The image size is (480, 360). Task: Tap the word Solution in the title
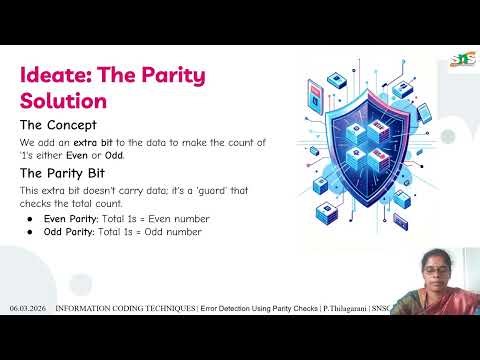click(62, 101)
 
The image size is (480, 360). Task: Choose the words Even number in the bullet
click(170, 218)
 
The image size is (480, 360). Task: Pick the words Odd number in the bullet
click(168, 232)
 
